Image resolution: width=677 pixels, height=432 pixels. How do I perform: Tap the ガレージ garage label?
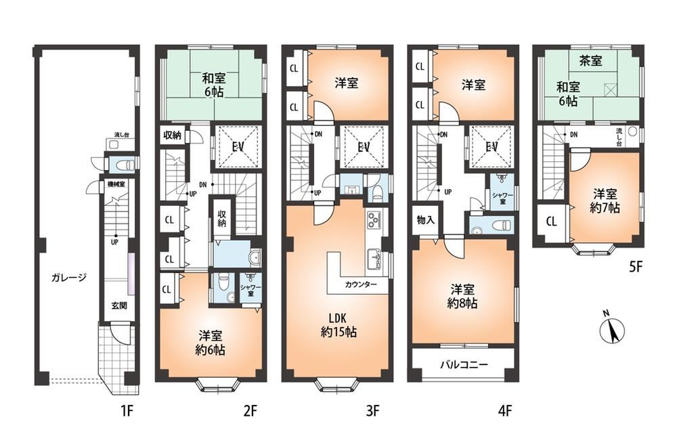69,278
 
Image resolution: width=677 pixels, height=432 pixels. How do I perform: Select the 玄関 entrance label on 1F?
119,305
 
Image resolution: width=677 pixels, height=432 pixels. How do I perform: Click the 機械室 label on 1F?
116,184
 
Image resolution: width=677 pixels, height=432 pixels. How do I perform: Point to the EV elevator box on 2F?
238,147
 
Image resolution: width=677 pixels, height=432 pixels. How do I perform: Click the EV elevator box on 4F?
492,147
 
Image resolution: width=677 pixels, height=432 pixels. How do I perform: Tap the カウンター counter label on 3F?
361,284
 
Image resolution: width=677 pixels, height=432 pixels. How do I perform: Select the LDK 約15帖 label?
338,325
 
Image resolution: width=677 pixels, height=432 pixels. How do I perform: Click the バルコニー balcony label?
464,364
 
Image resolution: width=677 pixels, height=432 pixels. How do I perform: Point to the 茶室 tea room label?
590,60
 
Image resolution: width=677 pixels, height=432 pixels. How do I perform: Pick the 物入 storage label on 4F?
425,220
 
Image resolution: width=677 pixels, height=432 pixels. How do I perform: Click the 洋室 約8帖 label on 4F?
462,296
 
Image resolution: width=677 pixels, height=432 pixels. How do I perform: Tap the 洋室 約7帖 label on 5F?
605,200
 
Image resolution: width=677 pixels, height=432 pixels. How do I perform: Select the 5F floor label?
636,267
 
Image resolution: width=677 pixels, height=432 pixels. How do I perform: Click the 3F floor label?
372,410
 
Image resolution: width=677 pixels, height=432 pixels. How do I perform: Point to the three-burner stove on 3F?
372,220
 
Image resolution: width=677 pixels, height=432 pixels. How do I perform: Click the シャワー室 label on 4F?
503,198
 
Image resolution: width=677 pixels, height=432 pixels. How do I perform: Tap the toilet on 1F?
122,165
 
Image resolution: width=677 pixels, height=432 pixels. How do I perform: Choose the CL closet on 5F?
551,221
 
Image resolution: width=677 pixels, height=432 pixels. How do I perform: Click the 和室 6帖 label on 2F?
214,85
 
